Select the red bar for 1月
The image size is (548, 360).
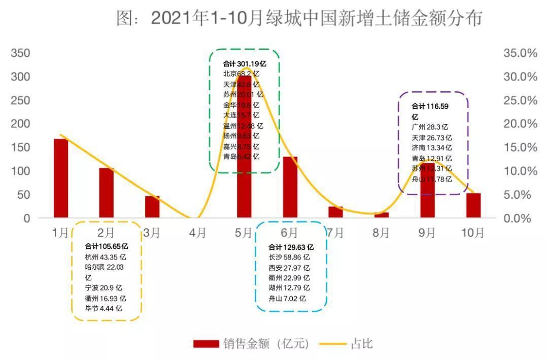(61, 178)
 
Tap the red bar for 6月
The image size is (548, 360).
(290, 187)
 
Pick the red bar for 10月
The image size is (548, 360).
(473, 205)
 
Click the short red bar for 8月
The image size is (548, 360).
(382, 215)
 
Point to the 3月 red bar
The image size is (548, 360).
(152, 207)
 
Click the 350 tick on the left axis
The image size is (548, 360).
(21, 53)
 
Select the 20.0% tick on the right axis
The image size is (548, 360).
(520, 124)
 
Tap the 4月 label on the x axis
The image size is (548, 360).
(198, 233)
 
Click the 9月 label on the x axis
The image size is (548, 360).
(427, 233)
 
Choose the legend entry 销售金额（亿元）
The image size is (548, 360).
(251, 344)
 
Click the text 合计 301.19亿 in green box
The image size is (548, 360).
(245, 64)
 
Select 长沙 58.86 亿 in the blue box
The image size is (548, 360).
(289, 258)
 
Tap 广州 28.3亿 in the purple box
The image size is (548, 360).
(430, 127)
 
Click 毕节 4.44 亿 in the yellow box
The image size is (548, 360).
(104, 308)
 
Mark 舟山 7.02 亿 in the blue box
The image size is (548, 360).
(287, 298)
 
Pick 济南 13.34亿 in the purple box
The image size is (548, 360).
(431, 148)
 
